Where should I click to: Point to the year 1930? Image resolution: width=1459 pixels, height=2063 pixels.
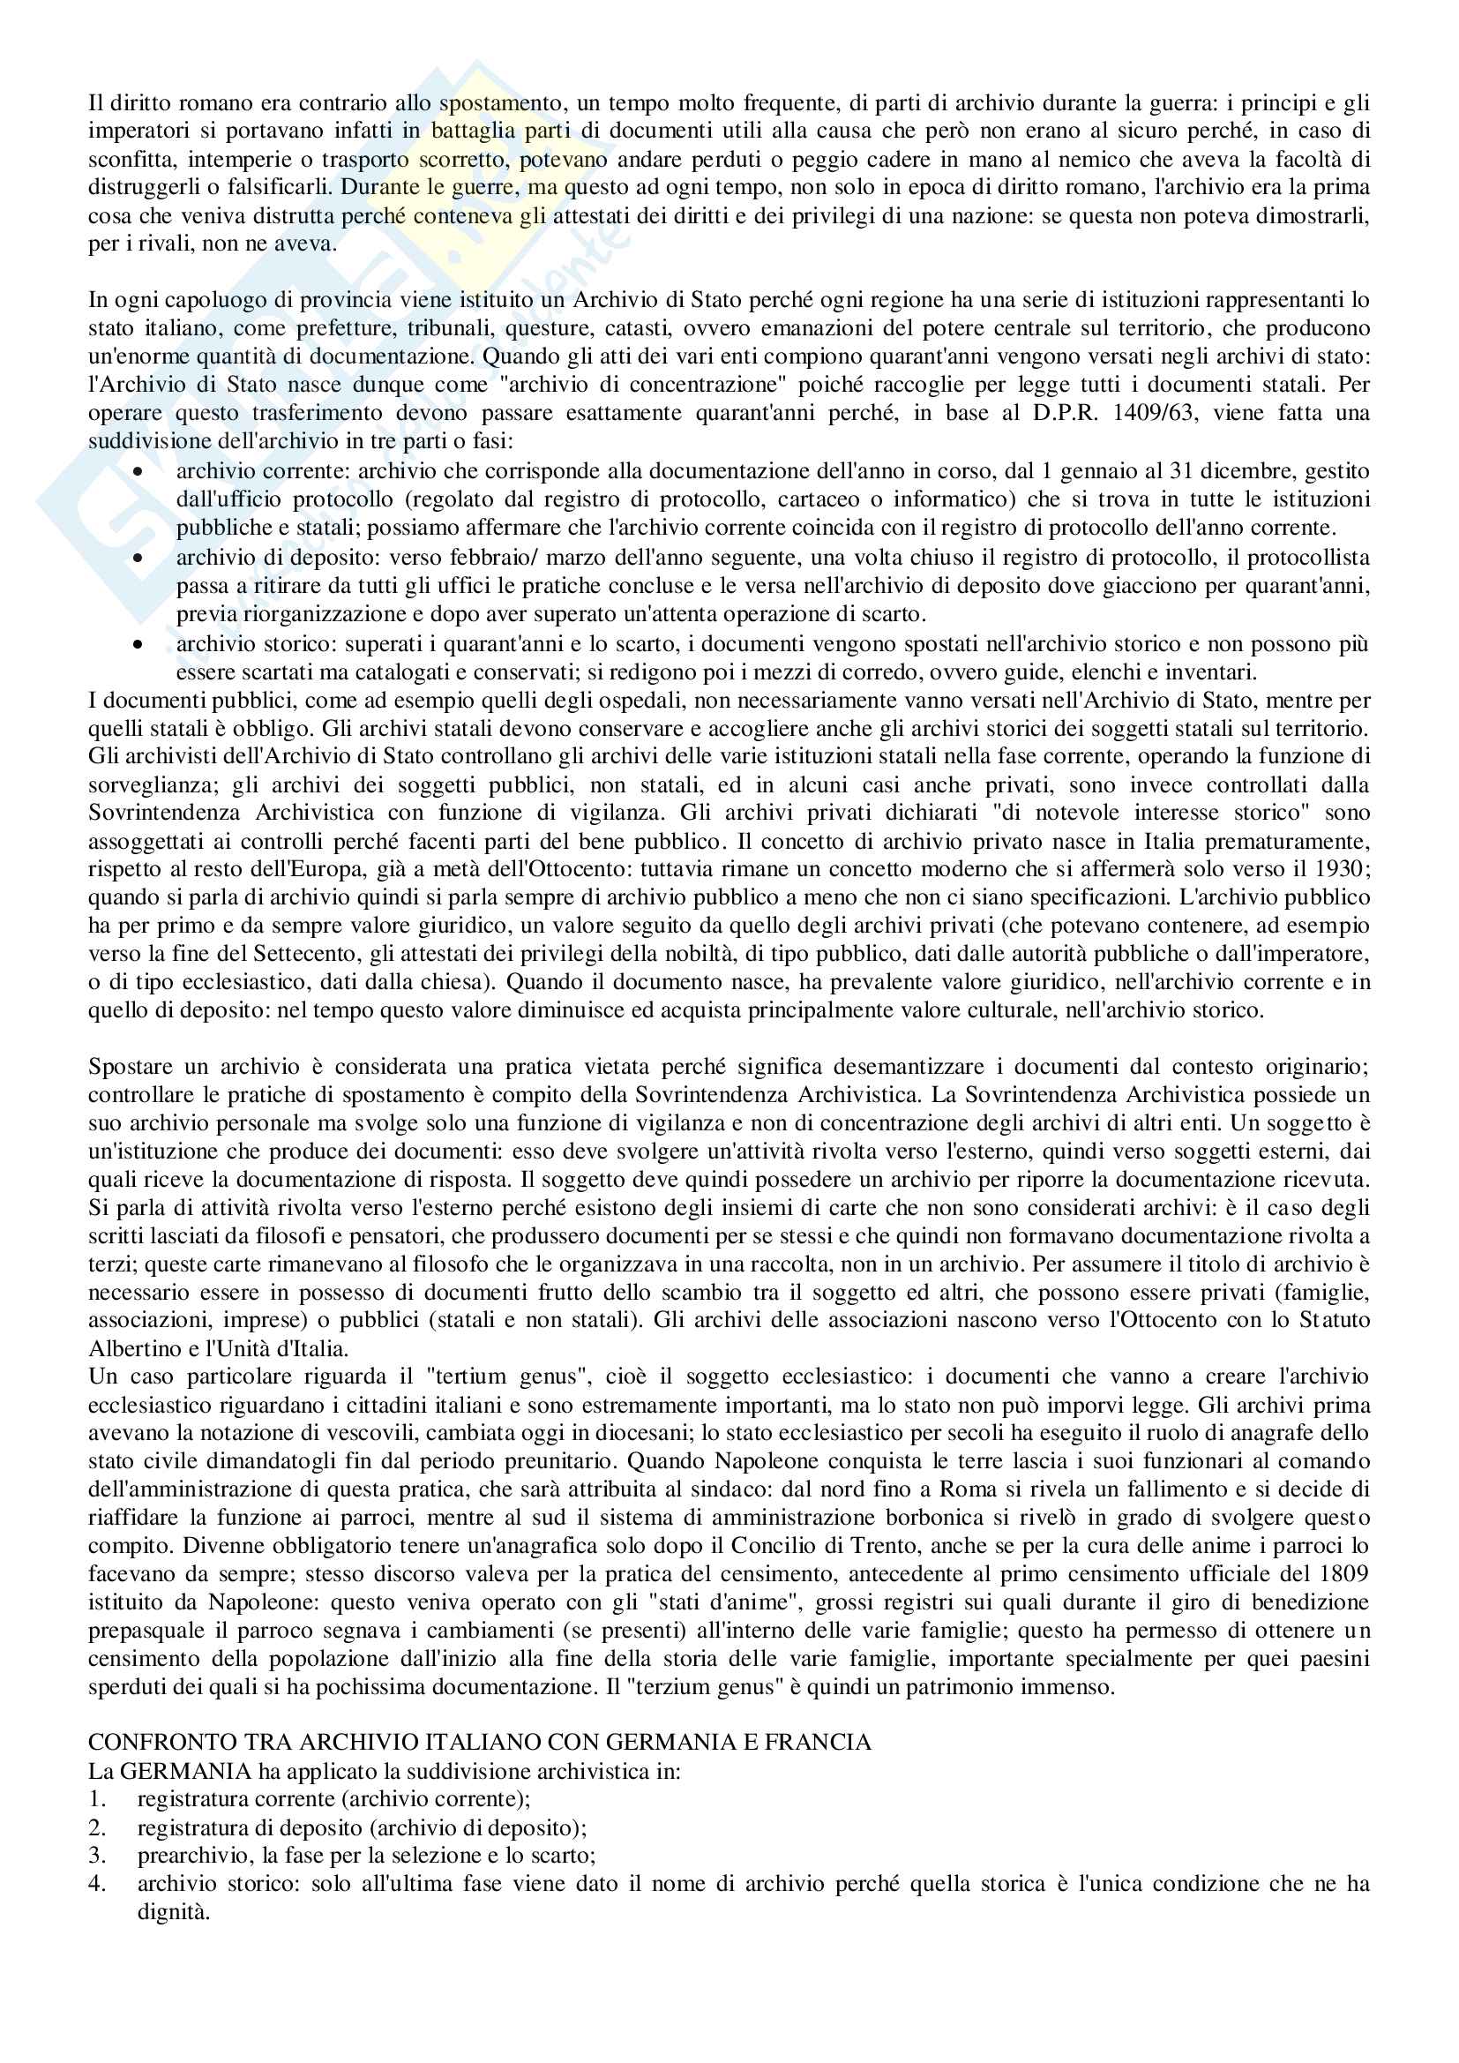click(x=1345, y=870)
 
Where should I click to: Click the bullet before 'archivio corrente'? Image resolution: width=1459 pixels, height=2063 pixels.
click(x=138, y=471)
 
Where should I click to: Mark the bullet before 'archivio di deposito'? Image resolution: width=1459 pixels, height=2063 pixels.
click(x=138, y=558)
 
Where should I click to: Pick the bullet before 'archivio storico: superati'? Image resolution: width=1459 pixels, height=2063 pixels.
click(x=138, y=644)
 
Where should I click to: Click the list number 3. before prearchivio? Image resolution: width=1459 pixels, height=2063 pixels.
click(x=97, y=1855)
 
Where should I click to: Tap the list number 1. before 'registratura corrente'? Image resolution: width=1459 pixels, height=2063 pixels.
click(x=97, y=1799)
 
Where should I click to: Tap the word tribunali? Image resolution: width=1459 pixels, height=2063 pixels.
click(x=448, y=328)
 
